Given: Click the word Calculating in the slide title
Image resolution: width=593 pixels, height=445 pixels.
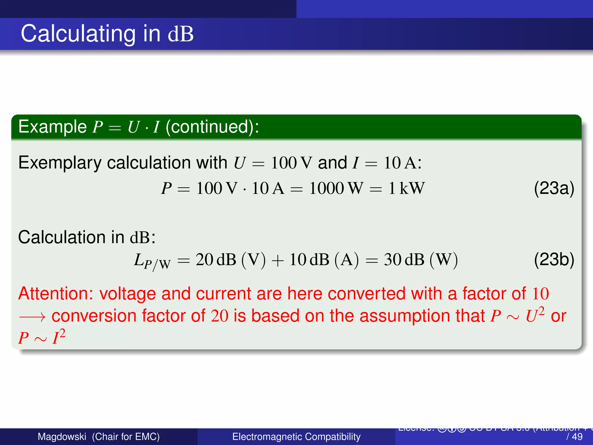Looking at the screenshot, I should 78,34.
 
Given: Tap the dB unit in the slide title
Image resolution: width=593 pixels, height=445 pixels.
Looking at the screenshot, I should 181,34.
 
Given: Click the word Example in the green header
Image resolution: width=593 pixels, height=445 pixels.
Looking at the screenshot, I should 52,127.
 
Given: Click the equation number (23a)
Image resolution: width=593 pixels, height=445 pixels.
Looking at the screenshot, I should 554,188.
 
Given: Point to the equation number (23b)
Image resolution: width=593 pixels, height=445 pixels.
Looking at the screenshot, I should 554,259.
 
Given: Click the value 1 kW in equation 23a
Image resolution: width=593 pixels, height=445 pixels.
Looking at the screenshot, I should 406,188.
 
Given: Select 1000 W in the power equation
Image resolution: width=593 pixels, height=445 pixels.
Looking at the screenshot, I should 336,188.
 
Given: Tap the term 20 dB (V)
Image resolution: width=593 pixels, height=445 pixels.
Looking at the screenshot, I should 230,260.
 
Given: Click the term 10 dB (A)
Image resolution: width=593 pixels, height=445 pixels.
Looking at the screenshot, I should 324,260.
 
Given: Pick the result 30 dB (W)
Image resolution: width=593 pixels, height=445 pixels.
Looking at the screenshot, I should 421,260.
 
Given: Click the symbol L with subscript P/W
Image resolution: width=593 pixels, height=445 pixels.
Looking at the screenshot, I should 152,261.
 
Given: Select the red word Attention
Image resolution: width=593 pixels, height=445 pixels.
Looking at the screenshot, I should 55,293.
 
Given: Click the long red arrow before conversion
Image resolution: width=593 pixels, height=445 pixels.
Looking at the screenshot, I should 32,317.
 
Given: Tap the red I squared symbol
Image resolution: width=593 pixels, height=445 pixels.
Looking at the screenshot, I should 58,337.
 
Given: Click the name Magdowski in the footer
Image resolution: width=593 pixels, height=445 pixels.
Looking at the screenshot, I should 62,437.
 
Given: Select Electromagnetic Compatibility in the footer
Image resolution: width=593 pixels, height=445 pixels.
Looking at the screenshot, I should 296,437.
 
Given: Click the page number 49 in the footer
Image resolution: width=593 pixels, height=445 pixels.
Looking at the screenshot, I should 577,437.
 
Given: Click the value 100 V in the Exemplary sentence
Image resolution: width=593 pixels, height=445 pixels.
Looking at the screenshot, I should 291,163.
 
